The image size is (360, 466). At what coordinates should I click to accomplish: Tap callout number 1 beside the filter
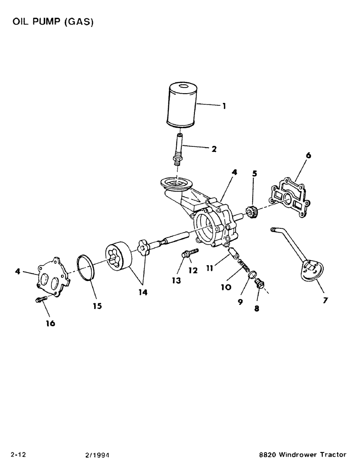coord(224,106)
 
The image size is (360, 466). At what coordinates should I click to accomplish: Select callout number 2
coord(214,149)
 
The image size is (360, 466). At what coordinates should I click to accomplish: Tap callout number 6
coord(308,155)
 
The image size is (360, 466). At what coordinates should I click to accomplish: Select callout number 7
coord(325,300)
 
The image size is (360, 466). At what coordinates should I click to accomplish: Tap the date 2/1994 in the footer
coord(96,454)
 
